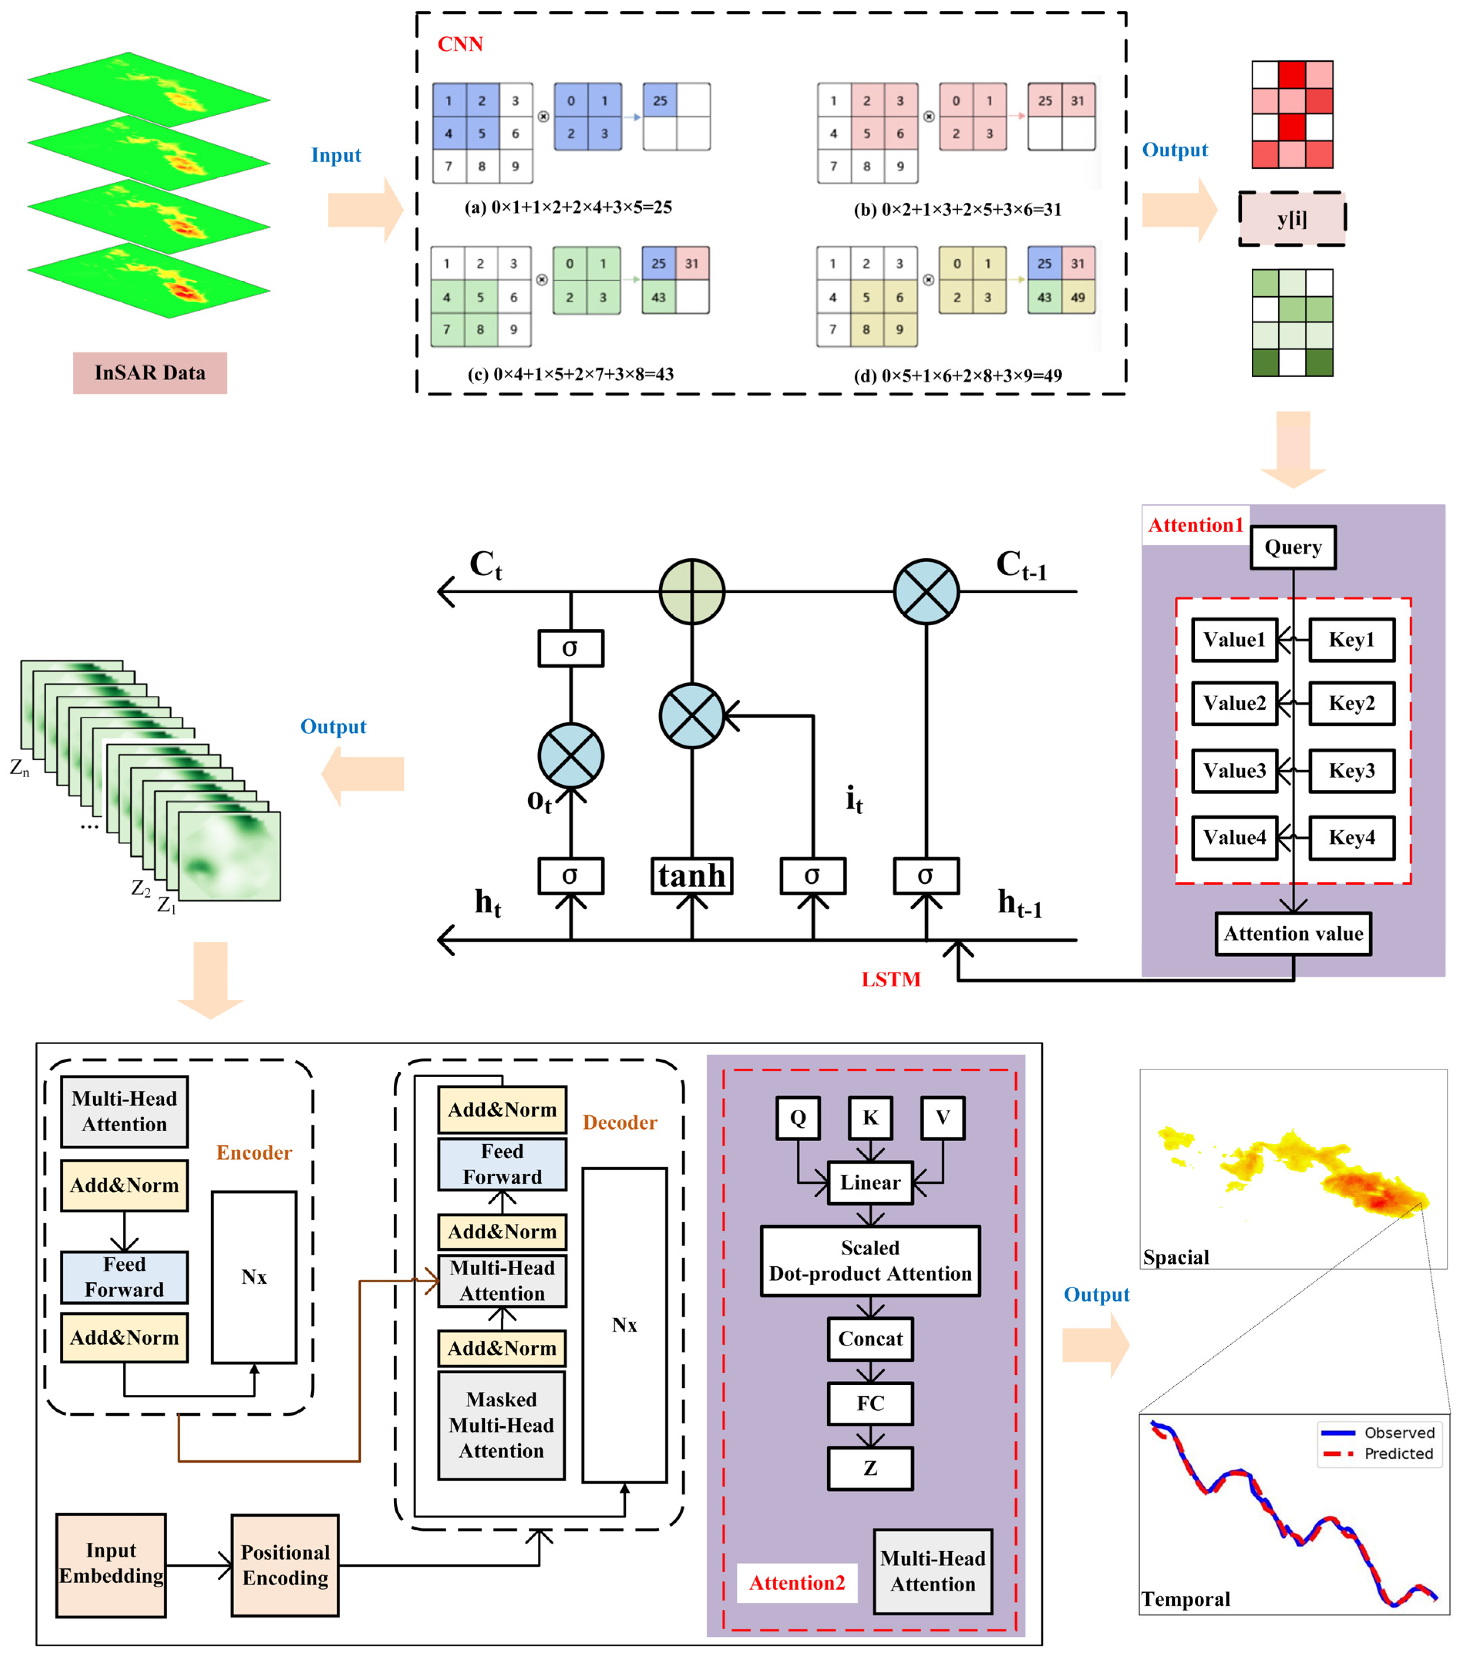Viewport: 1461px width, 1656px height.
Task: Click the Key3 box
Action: coord(1352,771)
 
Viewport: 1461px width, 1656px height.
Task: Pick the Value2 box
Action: coord(1234,703)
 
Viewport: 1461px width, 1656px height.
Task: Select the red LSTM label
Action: coord(890,979)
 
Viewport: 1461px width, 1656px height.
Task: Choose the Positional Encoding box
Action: coord(285,1565)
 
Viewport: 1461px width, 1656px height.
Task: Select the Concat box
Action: coord(870,1339)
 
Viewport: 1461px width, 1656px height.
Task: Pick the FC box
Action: coord(870,1403)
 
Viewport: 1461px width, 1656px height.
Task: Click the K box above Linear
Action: coord(870,1118)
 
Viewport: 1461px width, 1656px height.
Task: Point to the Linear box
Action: coord(870,1183)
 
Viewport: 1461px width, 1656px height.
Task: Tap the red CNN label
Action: coord(460,45)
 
